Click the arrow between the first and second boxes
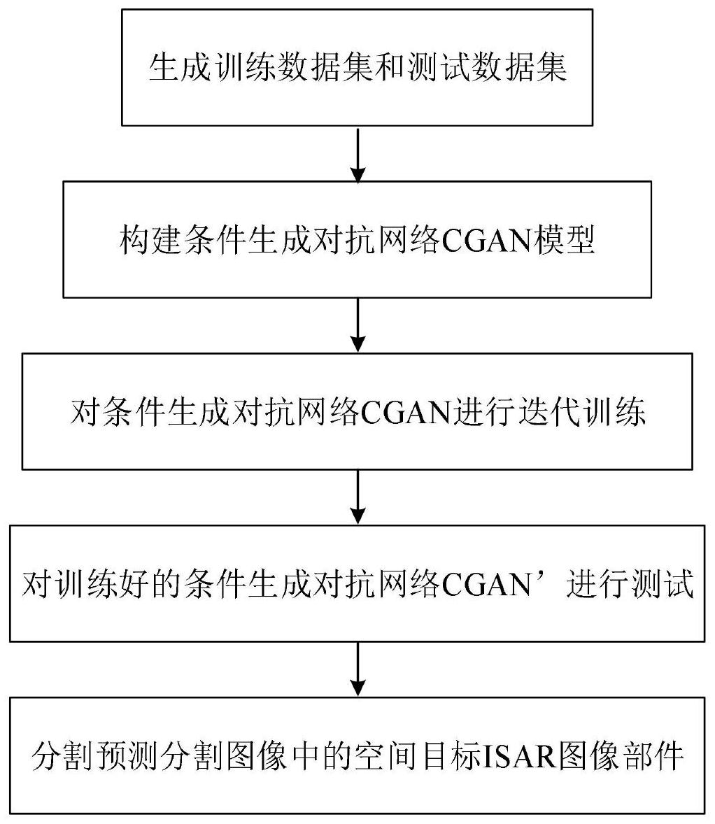(357, 154)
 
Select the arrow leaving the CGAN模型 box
(357, 325)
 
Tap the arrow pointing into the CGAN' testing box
(357, 497)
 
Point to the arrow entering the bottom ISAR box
(357, 669)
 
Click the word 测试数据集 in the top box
(487, 68)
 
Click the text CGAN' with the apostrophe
(492, 584)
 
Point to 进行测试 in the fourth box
(630, 583)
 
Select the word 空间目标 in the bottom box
(418, 755)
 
